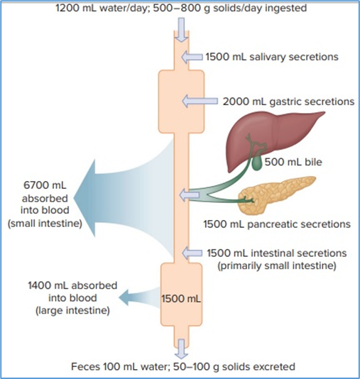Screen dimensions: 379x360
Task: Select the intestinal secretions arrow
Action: click(x=193, y=253)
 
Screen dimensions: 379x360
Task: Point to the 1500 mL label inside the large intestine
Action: click(x=182, y=298)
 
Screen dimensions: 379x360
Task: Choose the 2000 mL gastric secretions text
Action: click(x=288, y=101)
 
